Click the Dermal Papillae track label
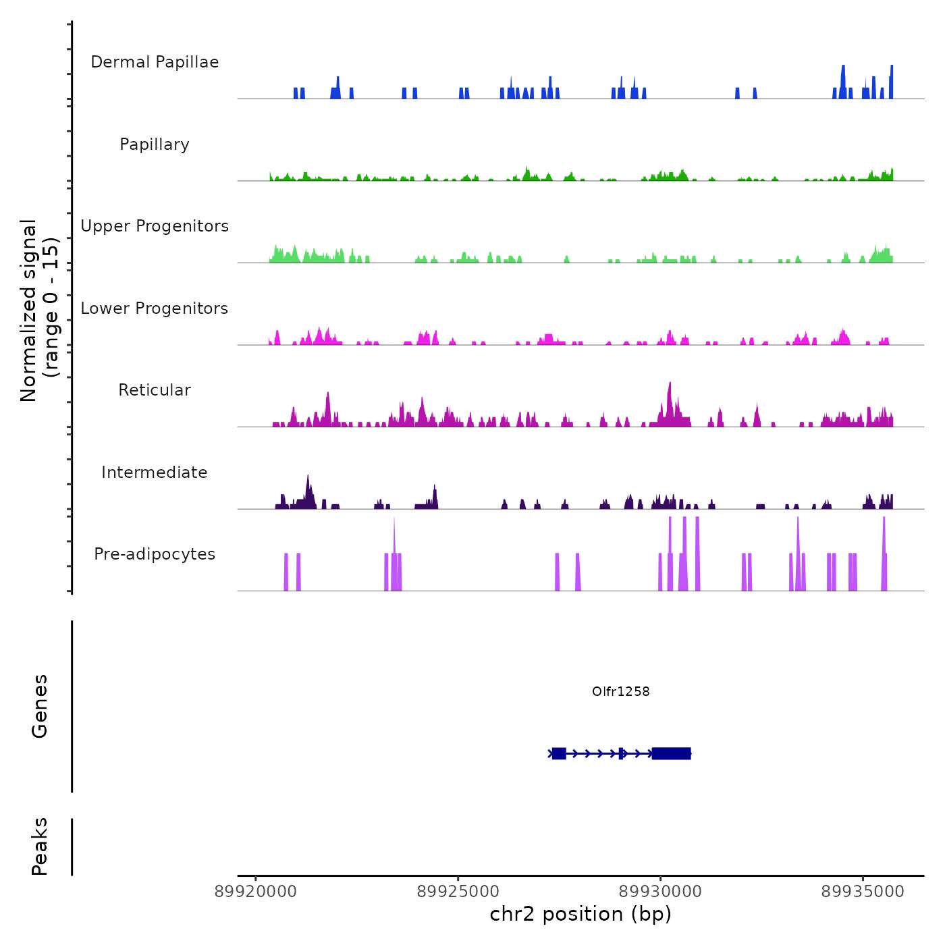[155, 62]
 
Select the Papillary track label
[155, 144]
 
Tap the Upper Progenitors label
[155, 226]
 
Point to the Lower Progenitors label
[155, 308]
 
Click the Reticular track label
[155, 390]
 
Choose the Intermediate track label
[155, 473]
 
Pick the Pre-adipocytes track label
[155, 554]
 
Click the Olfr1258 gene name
[620, 691]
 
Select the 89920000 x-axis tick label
[256, 892]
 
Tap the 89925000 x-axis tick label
[458, 892]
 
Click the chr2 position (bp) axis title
[580, 915]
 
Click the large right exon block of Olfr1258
[671, 753]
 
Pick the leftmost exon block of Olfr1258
[559, 753]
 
